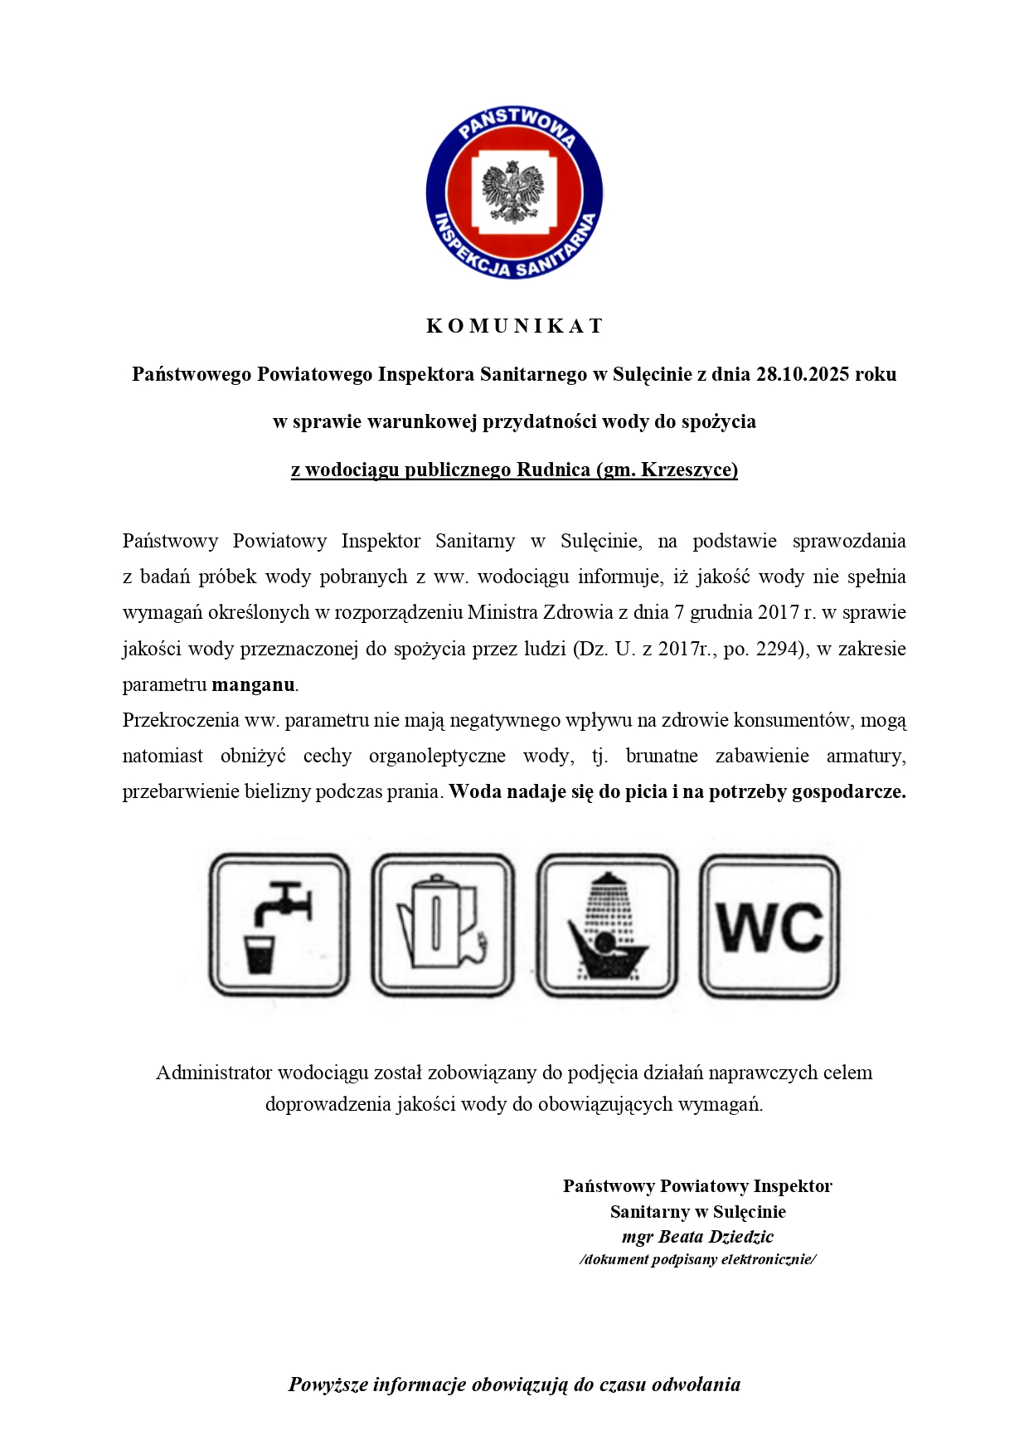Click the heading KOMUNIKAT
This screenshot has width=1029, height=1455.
click(x=514, y=326)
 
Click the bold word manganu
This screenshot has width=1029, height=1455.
click(x=254, y=684)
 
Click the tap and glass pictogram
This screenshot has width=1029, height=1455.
click(x=279, y=925)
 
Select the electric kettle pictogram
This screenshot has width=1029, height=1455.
click(x=442, y=925)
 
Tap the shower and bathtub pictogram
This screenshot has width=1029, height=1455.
click(x=607, y=925)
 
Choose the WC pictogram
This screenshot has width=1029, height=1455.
click(x=769, y=926)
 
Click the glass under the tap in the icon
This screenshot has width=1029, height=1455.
click(x=260, y=954)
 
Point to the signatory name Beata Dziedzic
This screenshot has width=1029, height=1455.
click(x=715, y=1237)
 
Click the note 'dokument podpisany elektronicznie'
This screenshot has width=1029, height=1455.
click(x=697, y=1259)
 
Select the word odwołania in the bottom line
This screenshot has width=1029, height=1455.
click(x=696, y=1384)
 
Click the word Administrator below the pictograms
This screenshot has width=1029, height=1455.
click(x=214, y=1073)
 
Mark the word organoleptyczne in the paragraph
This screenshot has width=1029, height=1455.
click(x=437, y=756)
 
